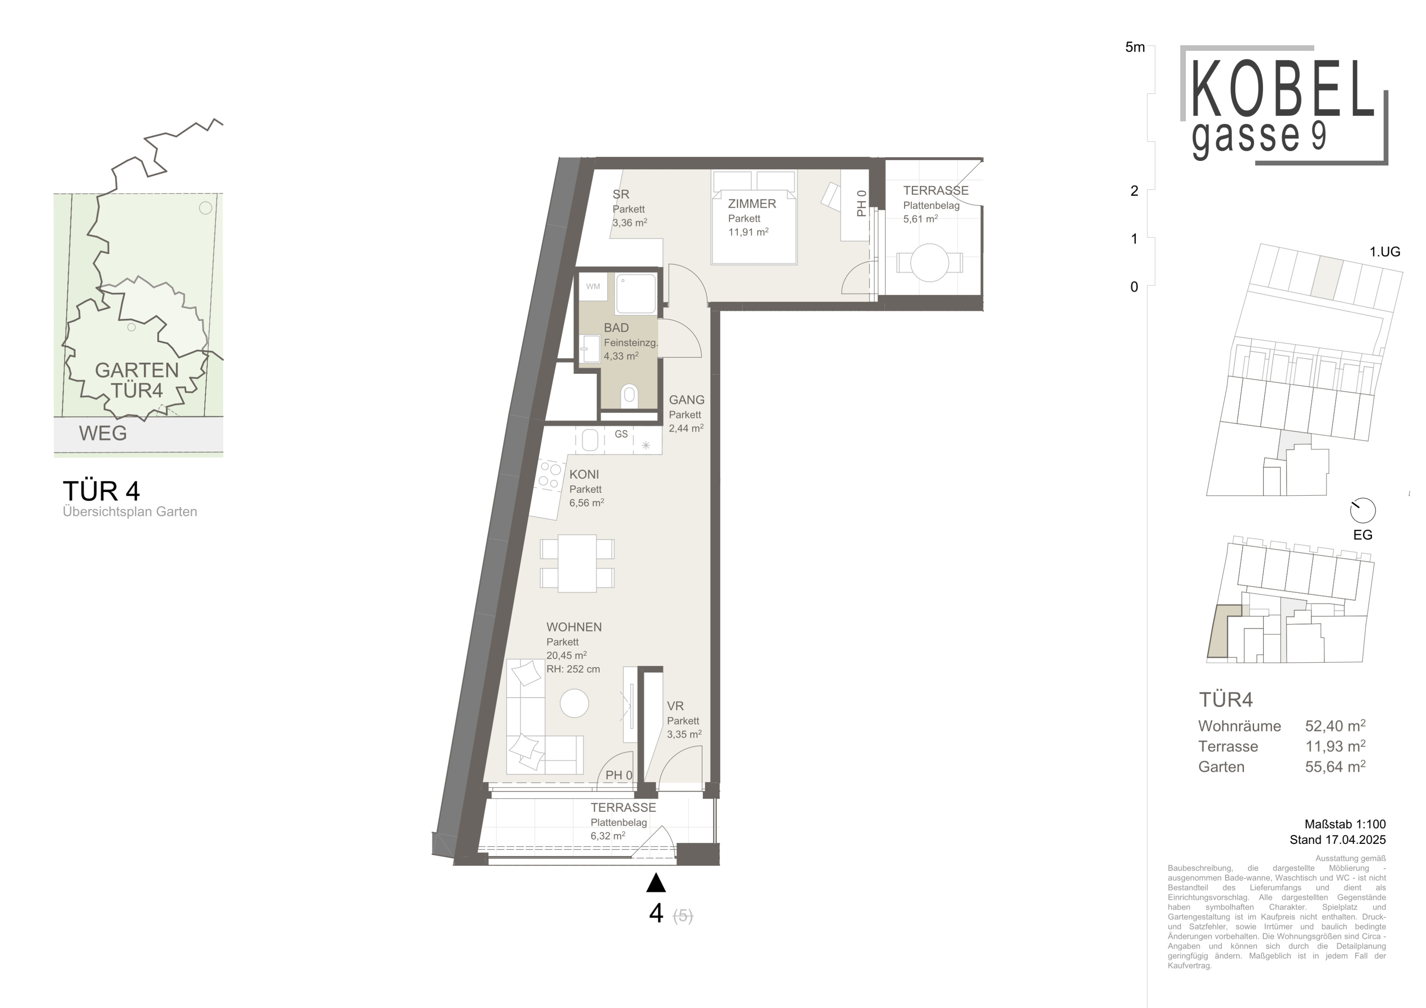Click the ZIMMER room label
pos(752,204)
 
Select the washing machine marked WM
pos(593,286)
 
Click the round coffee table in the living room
pos(574,704)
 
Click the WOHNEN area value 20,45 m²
pos(566,655)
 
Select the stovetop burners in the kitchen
pos(549,475)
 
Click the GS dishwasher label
pos(621,434)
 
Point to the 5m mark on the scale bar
pos(1135,47)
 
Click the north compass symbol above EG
pos(1363,511)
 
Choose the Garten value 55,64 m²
pos(1335,766)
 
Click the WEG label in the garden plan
pos(103,433)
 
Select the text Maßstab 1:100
pos(1345,824)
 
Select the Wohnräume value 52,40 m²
pos(1335,726)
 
